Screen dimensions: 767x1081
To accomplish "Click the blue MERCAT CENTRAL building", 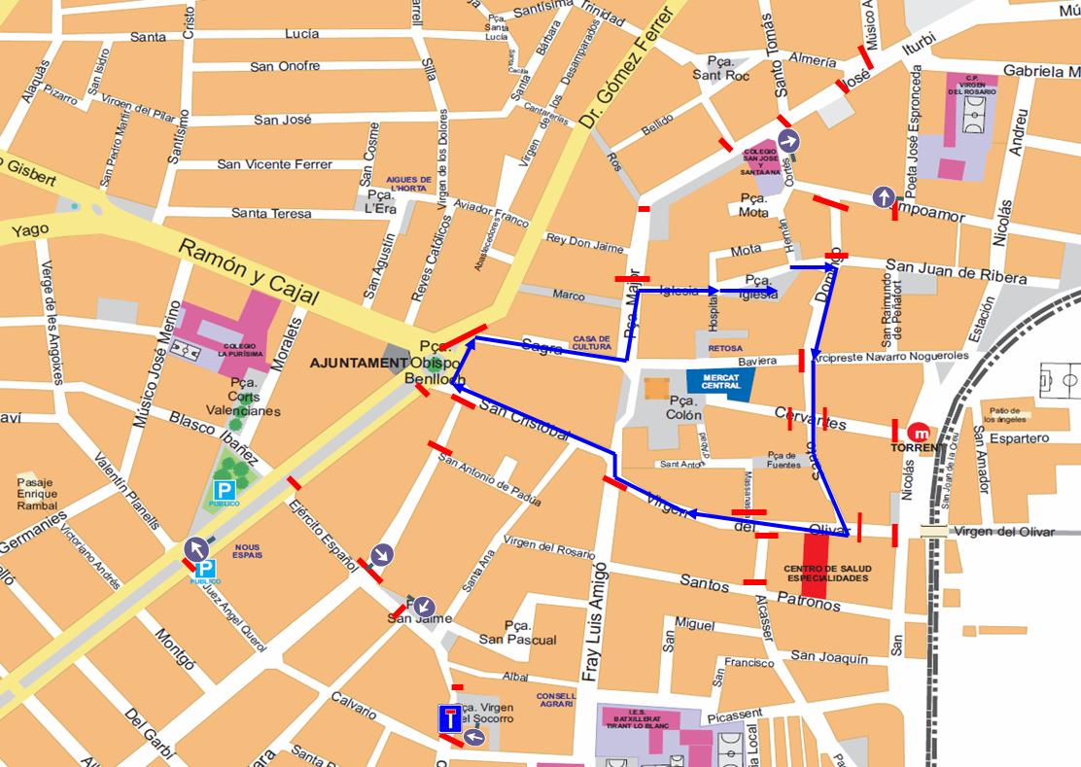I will click(x=719, y=384).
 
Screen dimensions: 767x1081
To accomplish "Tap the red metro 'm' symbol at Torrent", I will click(x=918, y=433).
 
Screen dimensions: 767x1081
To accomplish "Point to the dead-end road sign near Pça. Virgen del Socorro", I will click(x=449, y=719).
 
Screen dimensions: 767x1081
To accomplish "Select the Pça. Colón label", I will click(x=684, y=407).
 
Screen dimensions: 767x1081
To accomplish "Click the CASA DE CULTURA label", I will click(x=592, y=342).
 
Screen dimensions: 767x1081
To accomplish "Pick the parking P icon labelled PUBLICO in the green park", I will click(x=225, y=491).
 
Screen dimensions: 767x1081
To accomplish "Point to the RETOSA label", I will click(x=725, y=348).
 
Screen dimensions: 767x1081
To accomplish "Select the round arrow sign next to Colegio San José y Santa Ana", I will click(x=787, y=141).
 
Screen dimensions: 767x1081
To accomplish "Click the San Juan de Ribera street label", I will click(x=955, y=271).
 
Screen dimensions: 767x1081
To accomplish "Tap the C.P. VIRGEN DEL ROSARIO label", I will click(x=970, y=86).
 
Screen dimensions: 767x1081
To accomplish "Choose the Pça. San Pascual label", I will click(x=517, y=632).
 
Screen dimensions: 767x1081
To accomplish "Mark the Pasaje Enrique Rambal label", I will click(x=37, y=494).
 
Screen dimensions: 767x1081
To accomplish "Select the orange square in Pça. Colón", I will click(x=656, y=388).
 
